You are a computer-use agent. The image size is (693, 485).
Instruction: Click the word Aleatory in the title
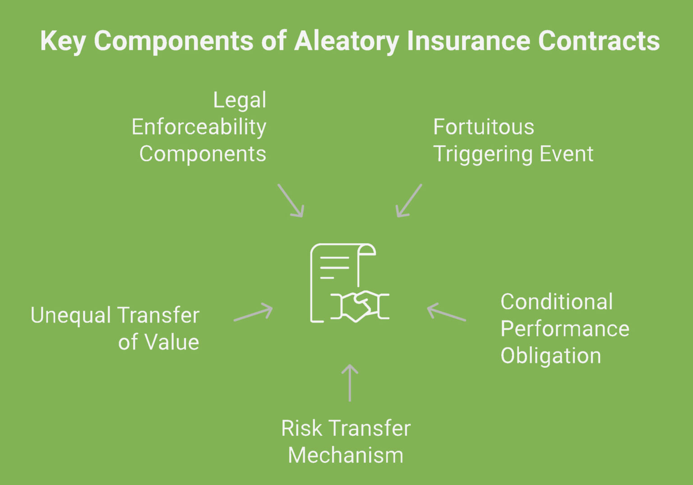[x=346, y=42]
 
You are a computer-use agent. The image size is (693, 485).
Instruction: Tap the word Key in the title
[x=63, y=42]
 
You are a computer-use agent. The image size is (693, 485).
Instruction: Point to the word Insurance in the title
[x=469, y=42]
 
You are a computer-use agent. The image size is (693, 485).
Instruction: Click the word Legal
[x=240, y=100]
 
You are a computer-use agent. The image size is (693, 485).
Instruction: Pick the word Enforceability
[x=199, y=127]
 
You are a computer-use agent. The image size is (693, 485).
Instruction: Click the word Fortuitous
[x=484, y=127]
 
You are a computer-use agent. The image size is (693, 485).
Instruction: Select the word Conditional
[x=556, y=302]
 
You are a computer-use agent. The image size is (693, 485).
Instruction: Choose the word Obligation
[x=550, y=356]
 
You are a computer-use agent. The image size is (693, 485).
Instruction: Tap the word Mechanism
[x=346, y=455]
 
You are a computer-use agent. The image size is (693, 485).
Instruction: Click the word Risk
[x=298, y=428]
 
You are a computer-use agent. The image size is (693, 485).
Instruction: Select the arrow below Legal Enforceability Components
[x=291, y=201]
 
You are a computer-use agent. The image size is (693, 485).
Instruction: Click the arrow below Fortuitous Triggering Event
[x=409, y=201]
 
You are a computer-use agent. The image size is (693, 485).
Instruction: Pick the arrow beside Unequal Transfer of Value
[x=253, y=313]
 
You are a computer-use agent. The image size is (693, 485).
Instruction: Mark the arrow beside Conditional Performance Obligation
[x=446, y=312]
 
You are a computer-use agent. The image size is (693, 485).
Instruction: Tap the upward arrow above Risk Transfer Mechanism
[x=350, y=383]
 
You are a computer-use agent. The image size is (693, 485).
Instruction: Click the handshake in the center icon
[x=360, y=306]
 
